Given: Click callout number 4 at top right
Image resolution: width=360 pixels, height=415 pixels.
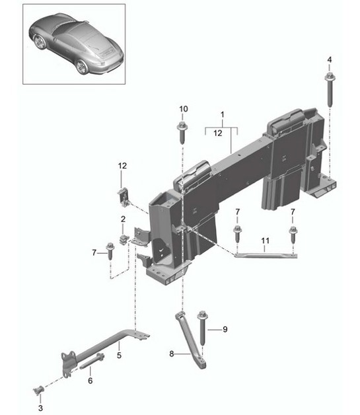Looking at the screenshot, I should [328, 60].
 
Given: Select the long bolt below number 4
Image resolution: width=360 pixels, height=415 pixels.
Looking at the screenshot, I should [328, 89].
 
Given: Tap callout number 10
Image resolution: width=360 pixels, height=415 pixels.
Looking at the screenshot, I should [184, 108].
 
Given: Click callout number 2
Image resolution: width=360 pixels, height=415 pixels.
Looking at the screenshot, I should [123, 219].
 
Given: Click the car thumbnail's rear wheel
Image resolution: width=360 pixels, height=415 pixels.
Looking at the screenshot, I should [82, 65].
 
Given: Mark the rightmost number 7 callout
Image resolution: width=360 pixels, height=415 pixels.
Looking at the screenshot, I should [292, 211].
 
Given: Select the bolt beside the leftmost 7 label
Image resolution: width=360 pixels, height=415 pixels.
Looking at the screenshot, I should [110, 252].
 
